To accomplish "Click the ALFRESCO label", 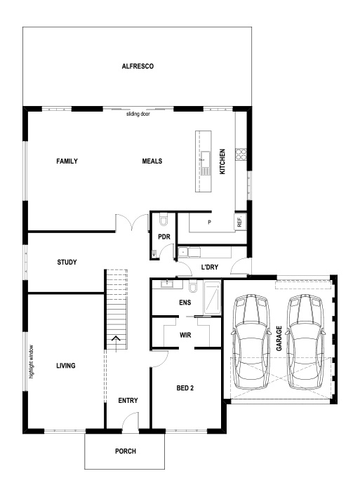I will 138,66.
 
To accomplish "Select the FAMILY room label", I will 67,161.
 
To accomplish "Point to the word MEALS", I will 152,161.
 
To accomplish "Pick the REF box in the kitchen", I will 239,221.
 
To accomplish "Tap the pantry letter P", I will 209,223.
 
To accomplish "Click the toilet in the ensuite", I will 192,289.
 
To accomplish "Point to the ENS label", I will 185,303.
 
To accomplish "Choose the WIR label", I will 185,336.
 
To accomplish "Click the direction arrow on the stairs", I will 115,342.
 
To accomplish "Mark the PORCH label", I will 125,451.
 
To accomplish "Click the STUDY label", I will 67,262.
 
